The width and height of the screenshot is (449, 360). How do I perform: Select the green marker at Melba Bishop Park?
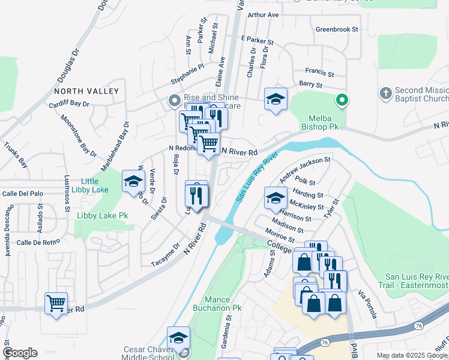[x=342, y=100]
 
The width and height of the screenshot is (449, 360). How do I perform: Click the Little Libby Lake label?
[x=89, y=185]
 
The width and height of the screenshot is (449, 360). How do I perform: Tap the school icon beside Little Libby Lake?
[x=133, y=181]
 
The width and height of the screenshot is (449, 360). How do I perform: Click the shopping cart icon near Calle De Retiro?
[x=56, y=304]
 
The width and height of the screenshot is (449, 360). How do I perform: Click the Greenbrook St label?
[x=337, y=29]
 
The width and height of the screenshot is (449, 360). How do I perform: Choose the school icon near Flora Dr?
[x=276, y=99]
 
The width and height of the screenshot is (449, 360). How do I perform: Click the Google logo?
[x=20, y=353]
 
